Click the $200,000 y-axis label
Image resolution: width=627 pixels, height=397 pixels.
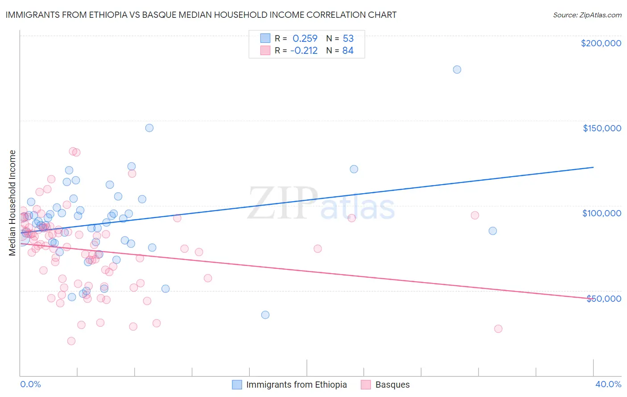tap(601, 43)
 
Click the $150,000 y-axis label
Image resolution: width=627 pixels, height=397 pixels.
tap(602, 128)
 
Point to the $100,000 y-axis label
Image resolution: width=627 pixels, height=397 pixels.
tap(602, 213)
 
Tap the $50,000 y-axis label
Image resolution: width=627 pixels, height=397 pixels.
tap(603, 298)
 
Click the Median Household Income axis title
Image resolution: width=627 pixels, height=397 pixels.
tap(12, 203)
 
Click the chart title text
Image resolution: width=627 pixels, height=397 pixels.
tap(201, 15)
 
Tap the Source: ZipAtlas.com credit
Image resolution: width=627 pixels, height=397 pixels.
tap(587, 15)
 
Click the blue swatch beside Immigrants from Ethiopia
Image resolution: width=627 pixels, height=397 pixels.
tap(237, 385)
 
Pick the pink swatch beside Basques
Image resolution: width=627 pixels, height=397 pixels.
tap(366, 385)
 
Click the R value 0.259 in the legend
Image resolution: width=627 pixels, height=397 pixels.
tap(305, 39)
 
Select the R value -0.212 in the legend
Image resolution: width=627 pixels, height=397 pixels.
tap(304, 51)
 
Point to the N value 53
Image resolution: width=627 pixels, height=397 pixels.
tap(348, 39)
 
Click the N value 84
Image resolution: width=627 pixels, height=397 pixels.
tap(348, 51)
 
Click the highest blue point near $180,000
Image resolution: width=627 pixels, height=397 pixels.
tap(457, 69)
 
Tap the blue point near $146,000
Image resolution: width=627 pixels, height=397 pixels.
tap(149, 128)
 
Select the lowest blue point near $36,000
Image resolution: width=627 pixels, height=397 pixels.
tap(265, 315)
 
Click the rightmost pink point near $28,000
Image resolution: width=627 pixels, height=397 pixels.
tap(498, 328)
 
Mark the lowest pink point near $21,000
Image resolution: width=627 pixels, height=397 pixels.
tap(71, 341)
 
